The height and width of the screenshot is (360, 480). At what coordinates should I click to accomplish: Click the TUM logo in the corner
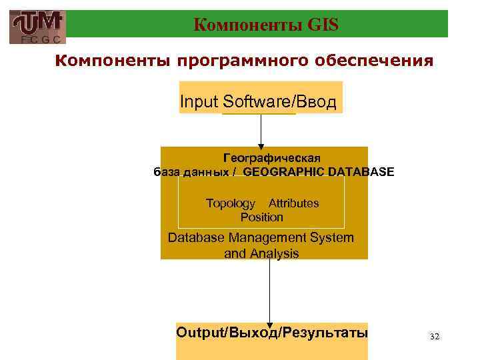39,23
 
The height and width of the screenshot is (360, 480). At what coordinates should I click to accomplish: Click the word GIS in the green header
324,25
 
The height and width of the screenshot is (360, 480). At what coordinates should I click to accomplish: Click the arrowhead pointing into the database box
261,143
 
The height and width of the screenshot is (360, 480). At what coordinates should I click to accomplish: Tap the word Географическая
271,158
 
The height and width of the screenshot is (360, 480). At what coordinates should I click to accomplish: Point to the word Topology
230,203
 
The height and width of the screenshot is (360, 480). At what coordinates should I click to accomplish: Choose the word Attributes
293,203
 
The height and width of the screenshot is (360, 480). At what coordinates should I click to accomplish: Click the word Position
261,217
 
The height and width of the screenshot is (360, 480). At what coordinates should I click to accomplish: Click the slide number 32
435,337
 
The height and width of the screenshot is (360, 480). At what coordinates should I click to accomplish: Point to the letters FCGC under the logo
39,39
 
